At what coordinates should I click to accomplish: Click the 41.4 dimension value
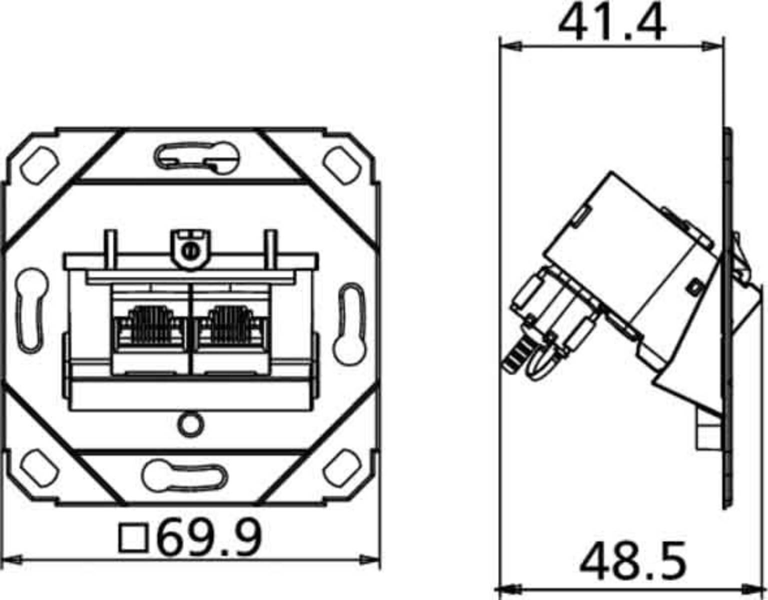pos(611,22)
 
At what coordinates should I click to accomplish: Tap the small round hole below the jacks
pos(190,424)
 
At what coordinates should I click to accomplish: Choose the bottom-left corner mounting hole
pos(40,468)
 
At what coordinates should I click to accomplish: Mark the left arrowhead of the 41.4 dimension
pos(510,46)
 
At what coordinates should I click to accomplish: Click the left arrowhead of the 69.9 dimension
pos(12,559)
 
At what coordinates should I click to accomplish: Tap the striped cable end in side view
pos(515,357)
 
